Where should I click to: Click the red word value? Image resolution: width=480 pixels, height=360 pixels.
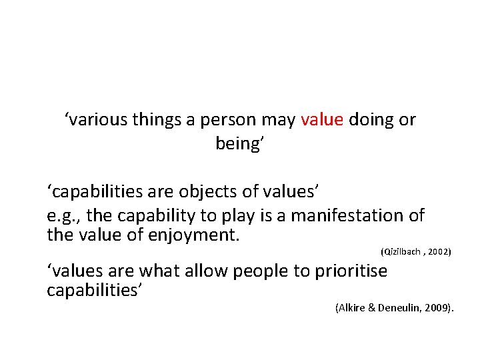(322, 120)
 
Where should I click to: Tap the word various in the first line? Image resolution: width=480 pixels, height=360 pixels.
(93, 120)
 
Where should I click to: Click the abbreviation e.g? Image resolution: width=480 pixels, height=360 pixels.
(63, 216)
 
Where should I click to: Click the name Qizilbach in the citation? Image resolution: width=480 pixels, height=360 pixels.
(402, 252)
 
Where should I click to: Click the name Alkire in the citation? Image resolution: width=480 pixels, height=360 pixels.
(351, 307)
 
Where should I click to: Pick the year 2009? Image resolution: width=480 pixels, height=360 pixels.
(439, 307)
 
